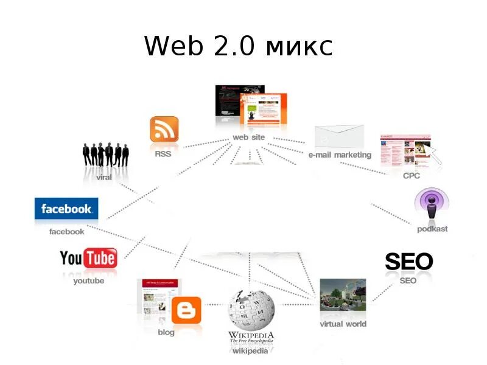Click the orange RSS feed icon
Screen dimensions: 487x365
pyautogui.click(x=164, y=130)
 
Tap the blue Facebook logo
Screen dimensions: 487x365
pyautogui.click(x=66, y=209)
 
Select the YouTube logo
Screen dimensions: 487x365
pyautogui.click(x=88, y=259)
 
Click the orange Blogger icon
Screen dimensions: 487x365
pyautogui.click(x=187, y=311)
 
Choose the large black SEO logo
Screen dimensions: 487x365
pyautogui.click(x=408, y=262)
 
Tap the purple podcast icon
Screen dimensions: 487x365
pyautogui.click(x=432, y=205)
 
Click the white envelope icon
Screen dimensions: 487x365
pyautogui.click(x=339, y=136)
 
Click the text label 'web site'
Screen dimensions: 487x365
pyautogui.click(x=249, y=137)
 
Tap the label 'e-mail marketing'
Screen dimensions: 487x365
pyautogui.click(x=340, y=155)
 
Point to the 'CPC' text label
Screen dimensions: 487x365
pyautogui.click(x=412, y=175)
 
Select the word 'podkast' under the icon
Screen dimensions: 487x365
pyautogui.click(x=432, y=229)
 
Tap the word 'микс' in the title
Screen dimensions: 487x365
pyautogui.click(x=300, y=46)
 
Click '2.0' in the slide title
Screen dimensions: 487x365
pyautogui.click(x=230, y=46)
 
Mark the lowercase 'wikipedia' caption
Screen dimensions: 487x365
pyautogui.click(x=250, y=351)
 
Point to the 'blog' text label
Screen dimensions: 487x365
pyautogui.click(x=166, y=332)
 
